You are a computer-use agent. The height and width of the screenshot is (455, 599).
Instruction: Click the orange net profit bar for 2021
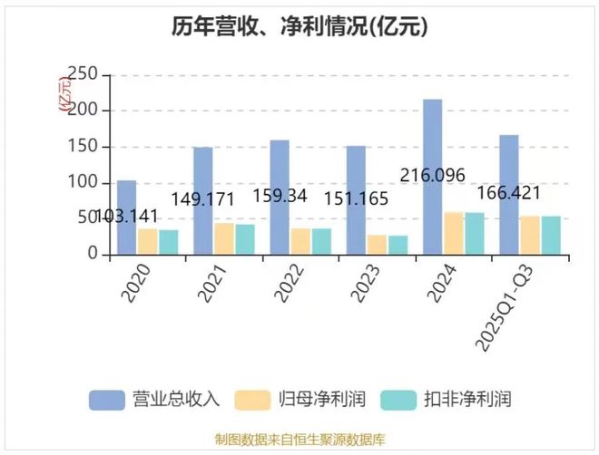click(x=223, y=239)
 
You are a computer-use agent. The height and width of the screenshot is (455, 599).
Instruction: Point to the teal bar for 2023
click(x=398, y=246)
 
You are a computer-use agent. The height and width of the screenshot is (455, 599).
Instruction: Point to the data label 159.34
click(x=280, y=196)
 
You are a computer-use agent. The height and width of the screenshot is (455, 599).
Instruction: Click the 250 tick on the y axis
click(x=83, y=74)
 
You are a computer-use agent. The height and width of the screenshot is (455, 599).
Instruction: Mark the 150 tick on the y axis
click(x=83, y=147)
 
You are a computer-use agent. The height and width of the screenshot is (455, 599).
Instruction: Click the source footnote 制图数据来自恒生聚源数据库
click(x=299, y=440)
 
